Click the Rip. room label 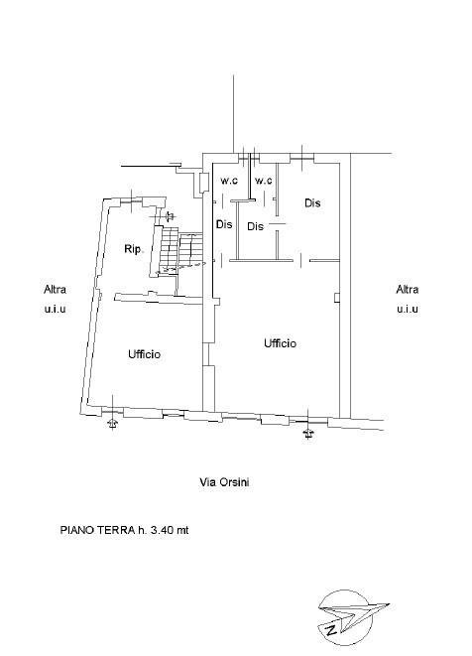pos(134,249)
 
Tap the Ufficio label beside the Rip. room pos(144,354)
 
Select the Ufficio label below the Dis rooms pos(280,343)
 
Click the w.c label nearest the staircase pos(229,181)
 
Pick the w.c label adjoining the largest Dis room pos(264,181)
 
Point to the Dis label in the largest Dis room pos(312,202)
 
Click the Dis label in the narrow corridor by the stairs pos(224,224)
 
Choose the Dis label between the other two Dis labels pos(256,226)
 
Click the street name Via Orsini pos(224,482)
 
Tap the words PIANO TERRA pos(98,530)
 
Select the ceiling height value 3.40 pos(162,530)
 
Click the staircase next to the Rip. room pos(179,250)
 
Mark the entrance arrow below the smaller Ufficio pos(112,424)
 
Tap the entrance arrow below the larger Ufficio pos(308,434)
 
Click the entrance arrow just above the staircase pos(170,216)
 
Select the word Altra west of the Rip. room pos(55,289)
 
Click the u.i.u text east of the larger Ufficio pos(408,309)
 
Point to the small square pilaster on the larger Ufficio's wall pos(336,297)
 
